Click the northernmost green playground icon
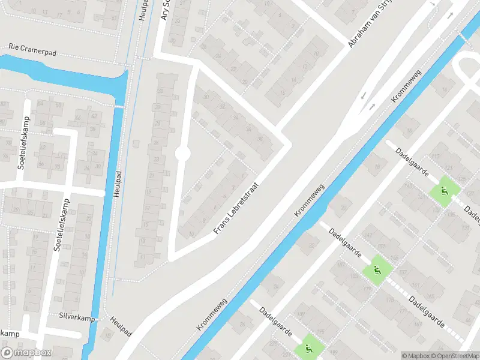445,191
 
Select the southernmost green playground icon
308,347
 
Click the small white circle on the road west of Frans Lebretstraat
182,154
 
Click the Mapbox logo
26,353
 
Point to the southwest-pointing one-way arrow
364,97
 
